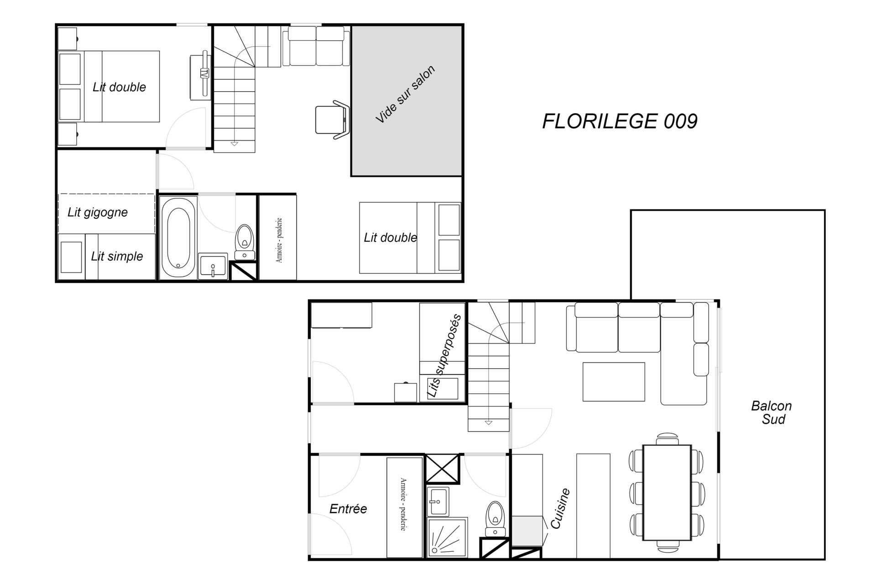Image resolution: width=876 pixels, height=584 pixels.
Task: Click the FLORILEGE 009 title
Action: [x=620, y=121]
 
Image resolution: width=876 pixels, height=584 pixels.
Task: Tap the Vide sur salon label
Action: [x=405, y=94]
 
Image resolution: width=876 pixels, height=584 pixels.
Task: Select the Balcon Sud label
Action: [x=772, y=412]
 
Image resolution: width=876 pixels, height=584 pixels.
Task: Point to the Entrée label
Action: [x=348, y=509]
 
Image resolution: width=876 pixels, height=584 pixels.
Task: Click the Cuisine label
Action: [x=561, y=508]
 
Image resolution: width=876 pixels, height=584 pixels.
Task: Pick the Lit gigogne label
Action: [x=98, y=212]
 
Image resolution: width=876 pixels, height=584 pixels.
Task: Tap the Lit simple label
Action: [x=117, y=256]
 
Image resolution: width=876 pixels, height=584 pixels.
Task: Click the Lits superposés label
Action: [x=444, y=356]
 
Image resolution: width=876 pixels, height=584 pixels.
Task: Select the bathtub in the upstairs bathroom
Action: [x=178, y=238]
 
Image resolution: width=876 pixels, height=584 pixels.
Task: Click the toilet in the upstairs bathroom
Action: [x=245, y=242]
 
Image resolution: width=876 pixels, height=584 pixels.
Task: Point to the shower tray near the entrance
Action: [x=448, y=537]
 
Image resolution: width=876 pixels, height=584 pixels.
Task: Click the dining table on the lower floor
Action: [x=667, y=493]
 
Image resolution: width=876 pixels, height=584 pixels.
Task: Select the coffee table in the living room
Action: [x=614, y=382]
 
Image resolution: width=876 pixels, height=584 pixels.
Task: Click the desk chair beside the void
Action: [x=333, y=120]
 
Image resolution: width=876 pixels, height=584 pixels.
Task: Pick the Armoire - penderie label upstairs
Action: [x=279, y=240]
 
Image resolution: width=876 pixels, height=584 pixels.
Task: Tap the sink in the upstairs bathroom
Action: [x=213, y=266]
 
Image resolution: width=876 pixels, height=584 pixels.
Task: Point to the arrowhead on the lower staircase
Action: [x=489, y=423]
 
